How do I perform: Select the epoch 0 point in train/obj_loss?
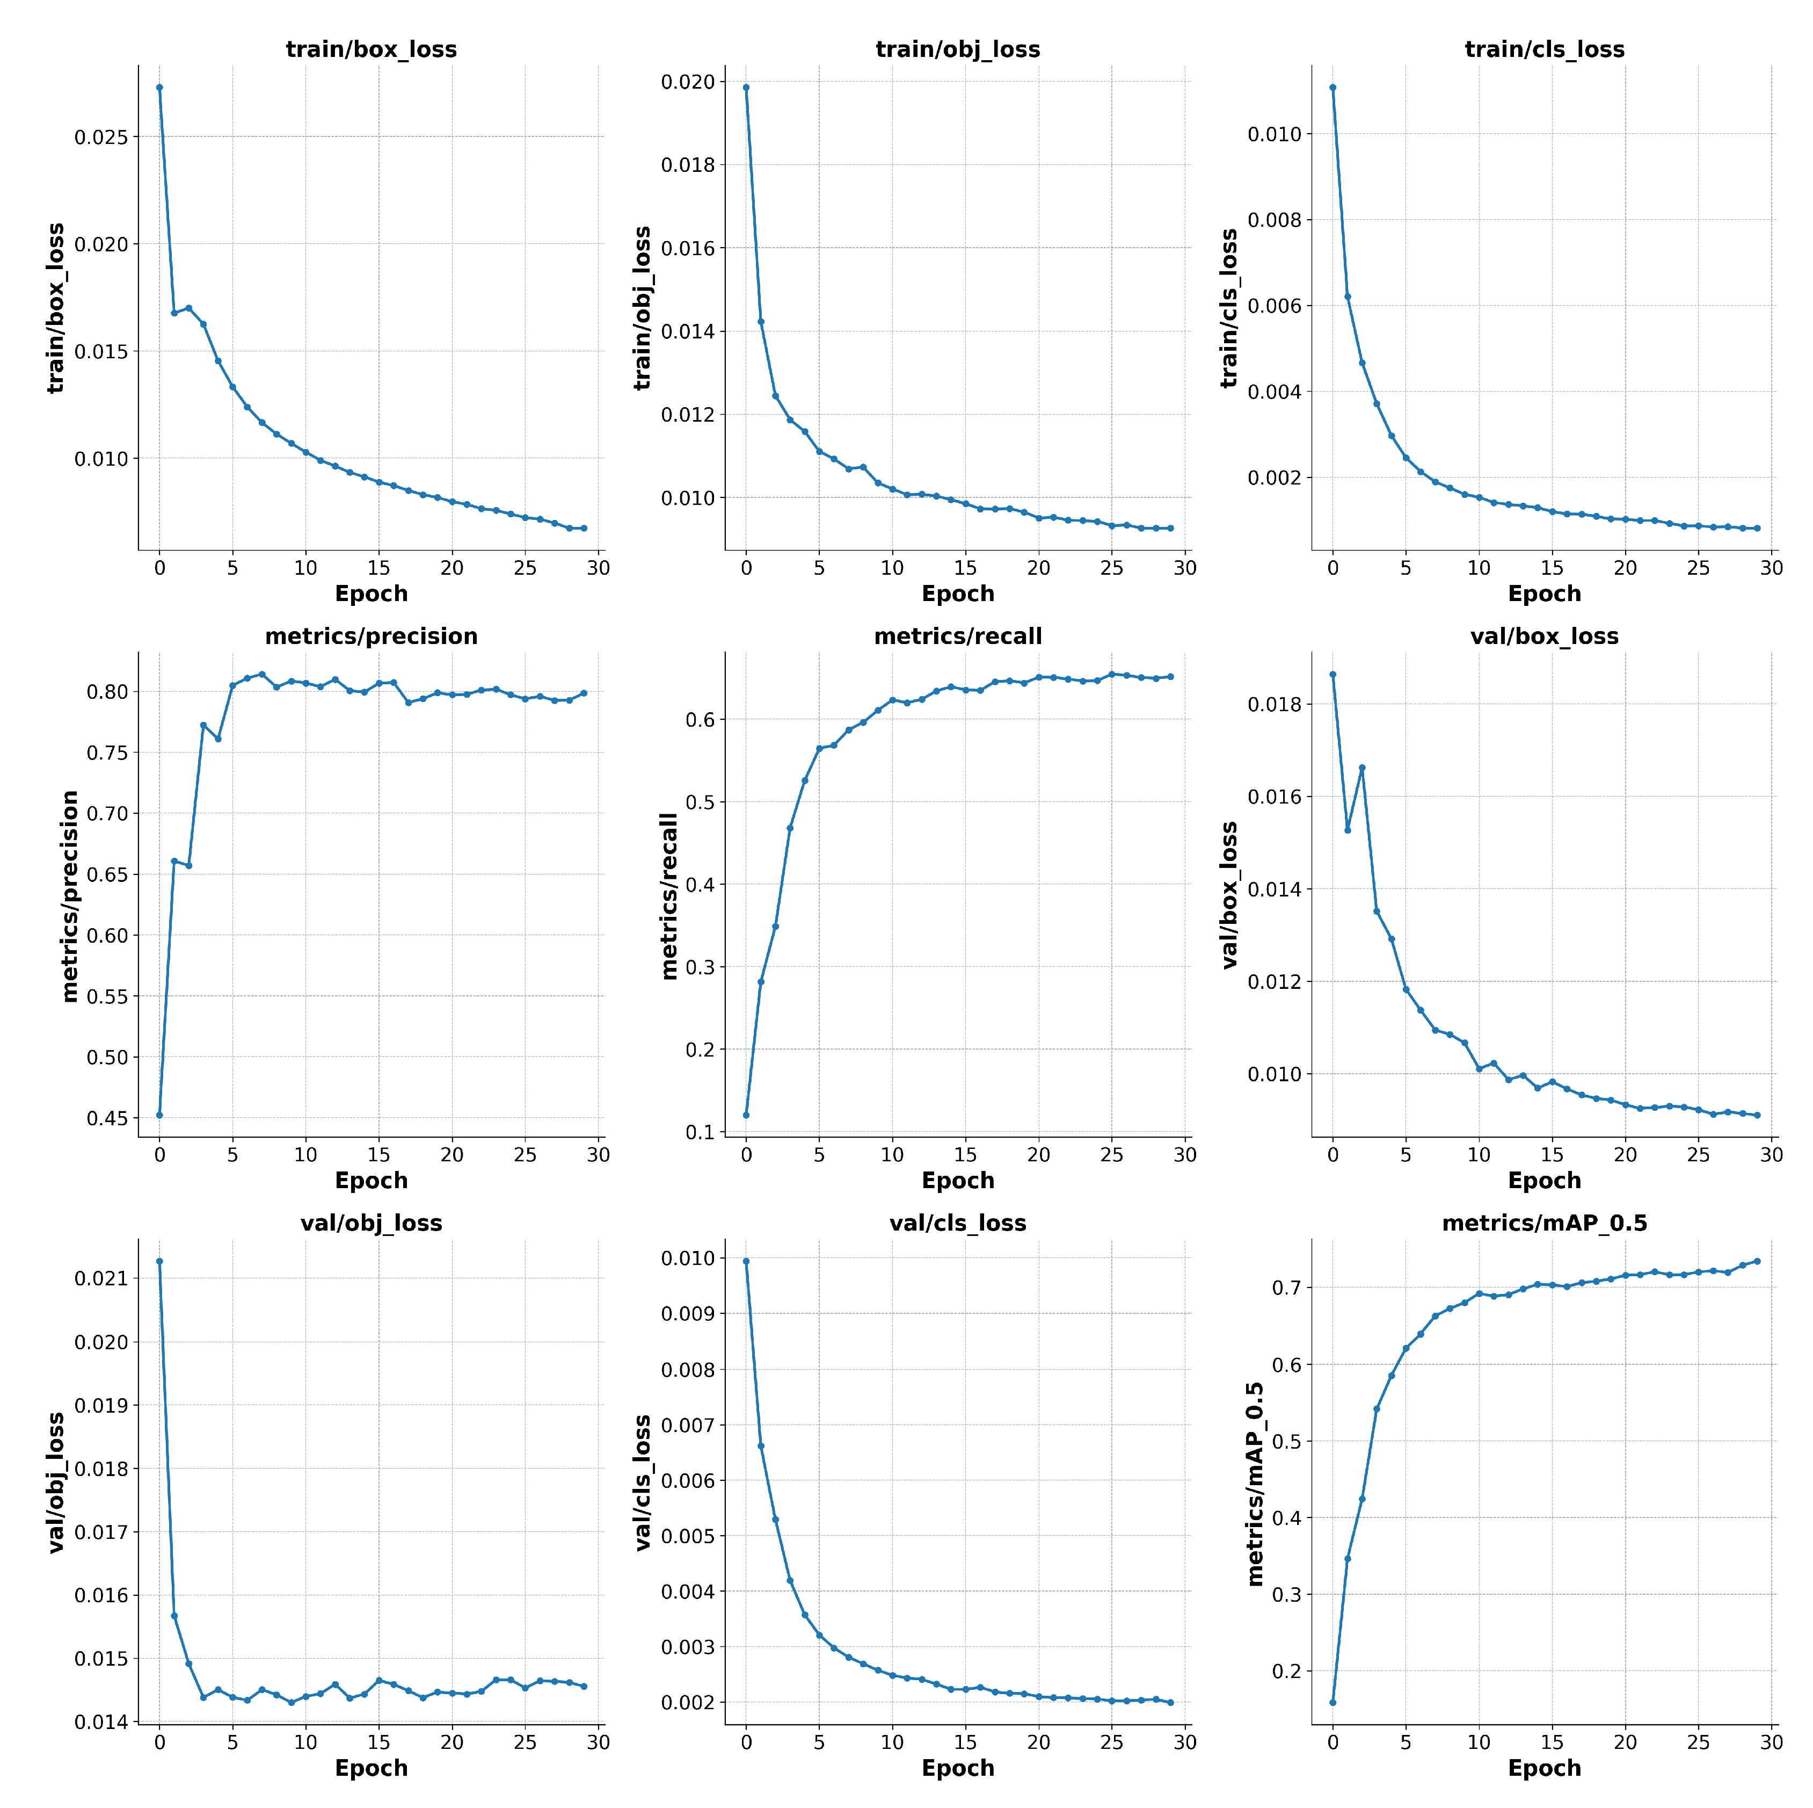(746, 88)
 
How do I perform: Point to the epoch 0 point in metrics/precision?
(159, 1115)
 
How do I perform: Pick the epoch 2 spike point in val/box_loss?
(1361, 768)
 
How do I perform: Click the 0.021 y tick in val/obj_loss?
(101, 1278)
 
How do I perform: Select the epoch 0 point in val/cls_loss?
(746, 1261)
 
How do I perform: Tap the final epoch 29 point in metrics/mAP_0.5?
(1757, 1261)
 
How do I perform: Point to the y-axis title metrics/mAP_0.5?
(1255, 1483)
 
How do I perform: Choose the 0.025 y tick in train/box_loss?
(101, 137)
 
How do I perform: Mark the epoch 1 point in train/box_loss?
(173, 313)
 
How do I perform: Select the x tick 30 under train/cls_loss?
(1771, 568)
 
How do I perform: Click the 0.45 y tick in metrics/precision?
(107, 1118)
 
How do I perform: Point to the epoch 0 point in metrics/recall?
(746, 1115)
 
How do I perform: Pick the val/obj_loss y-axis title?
(56, 1483)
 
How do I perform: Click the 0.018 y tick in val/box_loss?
(1275, 704)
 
